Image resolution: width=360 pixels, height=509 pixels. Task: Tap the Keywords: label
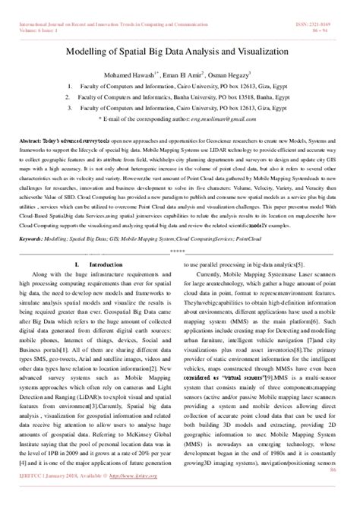[x=34, y=238]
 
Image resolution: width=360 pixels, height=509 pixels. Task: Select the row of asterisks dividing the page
[x=178, y=249]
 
